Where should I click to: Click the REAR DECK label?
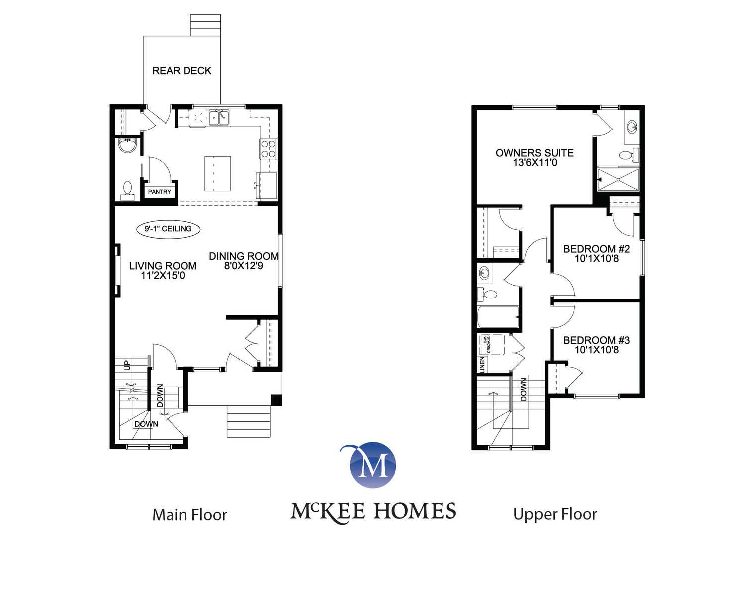point(182,71)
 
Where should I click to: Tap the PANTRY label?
point(160,192)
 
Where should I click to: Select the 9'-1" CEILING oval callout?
point(168,229)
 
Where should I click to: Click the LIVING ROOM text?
point(163,266)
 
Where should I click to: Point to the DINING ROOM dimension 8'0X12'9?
point(244,266)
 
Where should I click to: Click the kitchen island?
point(218,174)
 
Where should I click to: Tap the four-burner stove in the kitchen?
point(268,149)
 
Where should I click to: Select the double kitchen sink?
point(219,118)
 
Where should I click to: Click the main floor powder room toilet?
point(127,191)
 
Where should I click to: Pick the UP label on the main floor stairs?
point(128,365)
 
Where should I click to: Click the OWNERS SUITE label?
point(535,153)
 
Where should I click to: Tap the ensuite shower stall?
point(618,179)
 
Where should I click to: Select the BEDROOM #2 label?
point(597,249)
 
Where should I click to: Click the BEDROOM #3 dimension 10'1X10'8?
point(597,350)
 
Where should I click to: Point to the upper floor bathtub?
point(498,317)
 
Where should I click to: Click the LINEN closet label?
point(482,365)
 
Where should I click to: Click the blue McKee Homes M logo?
point(373,465)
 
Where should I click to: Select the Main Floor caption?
point(189,515)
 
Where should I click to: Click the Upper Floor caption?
point(555,515)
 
